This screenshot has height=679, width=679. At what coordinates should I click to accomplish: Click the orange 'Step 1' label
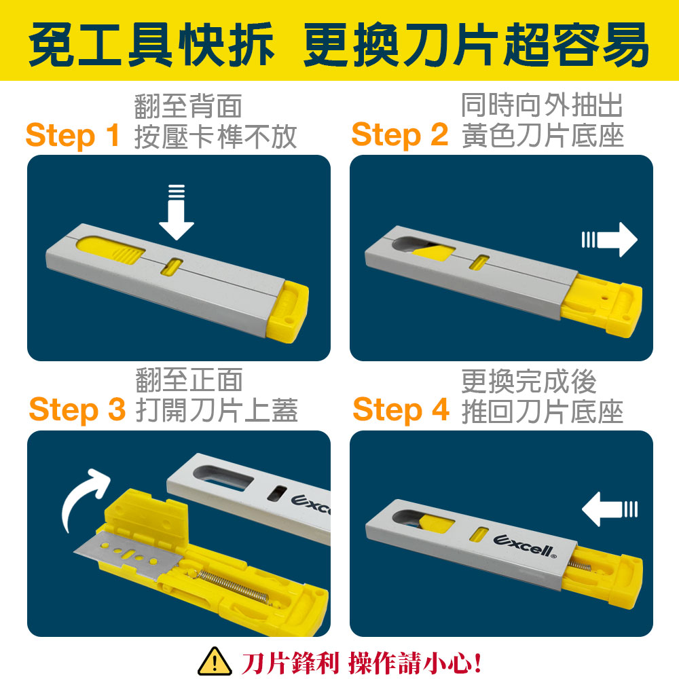click(x=73, y=136)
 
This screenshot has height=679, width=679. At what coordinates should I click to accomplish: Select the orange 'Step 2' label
click(x=400, y=136)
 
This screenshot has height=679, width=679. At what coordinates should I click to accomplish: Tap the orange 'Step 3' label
click(x=77, y=409)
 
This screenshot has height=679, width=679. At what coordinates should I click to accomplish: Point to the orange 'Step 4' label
click(x=401, y=409)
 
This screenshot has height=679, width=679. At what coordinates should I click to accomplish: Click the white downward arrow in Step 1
click(x=177, y=212)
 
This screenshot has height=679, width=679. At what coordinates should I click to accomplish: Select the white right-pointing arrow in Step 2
click(x=609, y=240)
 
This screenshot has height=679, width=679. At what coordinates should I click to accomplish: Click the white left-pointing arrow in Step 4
click(x=609, y=509)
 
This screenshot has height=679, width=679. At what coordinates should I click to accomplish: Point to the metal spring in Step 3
click(x=232, y=587)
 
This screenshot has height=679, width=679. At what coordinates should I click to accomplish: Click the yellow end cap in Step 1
click(x=287, y=312)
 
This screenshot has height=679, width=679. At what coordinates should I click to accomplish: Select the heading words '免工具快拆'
click(x=151, y=45)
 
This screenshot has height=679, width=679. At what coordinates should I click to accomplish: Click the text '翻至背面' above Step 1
click(x=188, y=106)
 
